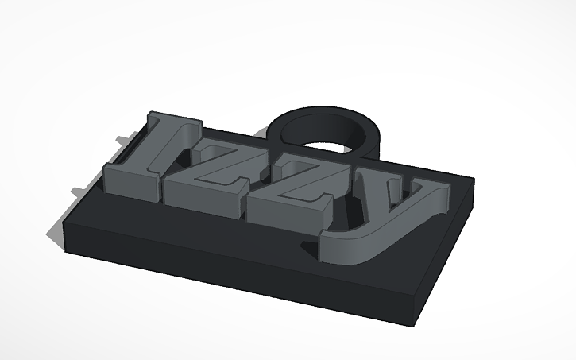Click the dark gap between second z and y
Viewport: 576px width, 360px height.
coord(343,208)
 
